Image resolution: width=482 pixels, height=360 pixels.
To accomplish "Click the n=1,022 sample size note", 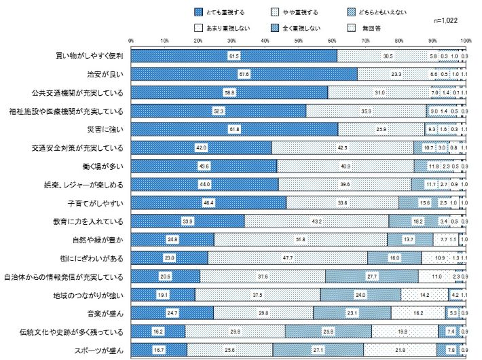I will coord(446,21).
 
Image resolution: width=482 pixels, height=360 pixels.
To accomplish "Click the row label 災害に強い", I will coord(107,128).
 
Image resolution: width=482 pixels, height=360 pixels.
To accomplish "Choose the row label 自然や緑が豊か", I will coord(99,239).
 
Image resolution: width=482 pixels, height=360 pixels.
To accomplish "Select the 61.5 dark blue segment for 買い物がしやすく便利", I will coord(234,55).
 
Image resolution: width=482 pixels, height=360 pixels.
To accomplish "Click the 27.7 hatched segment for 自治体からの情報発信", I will coord(371,276).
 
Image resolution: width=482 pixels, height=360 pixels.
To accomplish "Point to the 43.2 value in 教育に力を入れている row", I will coord(316,221).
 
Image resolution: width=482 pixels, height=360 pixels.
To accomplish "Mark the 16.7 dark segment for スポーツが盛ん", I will coord(159,349).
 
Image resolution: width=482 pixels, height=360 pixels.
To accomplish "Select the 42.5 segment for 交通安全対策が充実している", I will coord(341,147).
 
